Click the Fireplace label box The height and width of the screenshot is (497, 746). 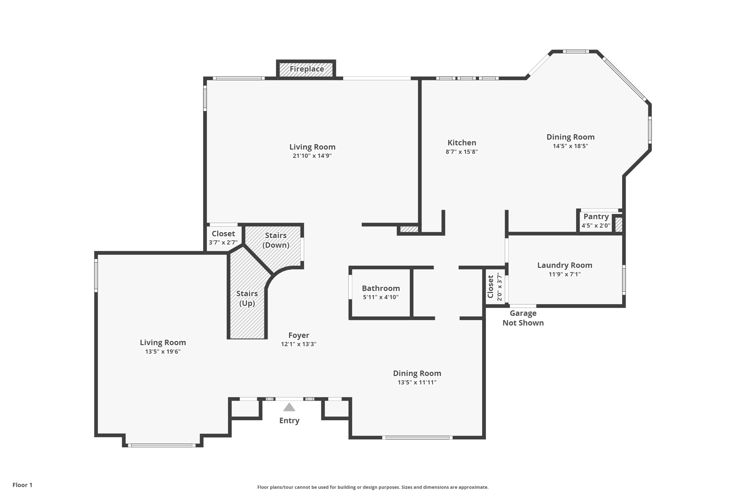(306, 69)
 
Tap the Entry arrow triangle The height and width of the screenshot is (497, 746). (289, 407)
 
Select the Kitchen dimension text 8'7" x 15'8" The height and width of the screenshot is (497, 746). (462, 152)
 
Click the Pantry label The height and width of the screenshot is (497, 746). (596, 217)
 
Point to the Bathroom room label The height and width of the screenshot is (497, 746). (381, 288)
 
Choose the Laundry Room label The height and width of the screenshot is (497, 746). (565, 265)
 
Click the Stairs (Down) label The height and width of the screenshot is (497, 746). (276, 240)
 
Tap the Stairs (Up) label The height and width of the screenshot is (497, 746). (247, 298)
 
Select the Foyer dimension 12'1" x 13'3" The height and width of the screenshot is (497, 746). (299, 344)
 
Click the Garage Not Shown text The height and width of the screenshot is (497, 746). (523, 318)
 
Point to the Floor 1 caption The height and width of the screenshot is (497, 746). (23, 485)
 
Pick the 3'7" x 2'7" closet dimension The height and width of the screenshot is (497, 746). (223, 242)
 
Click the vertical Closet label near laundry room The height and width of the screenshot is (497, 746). (490, 287)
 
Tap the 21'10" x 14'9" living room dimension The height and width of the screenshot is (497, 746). (312, 156)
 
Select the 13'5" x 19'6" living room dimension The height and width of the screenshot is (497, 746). (163, 351)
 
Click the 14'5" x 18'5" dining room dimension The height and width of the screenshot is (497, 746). (570, 146)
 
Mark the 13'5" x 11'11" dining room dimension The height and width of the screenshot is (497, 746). (417, 382)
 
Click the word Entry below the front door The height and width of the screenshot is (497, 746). (289, 421)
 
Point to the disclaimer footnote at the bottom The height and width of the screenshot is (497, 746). (373, 487)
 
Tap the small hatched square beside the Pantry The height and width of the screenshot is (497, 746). (619, 224)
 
